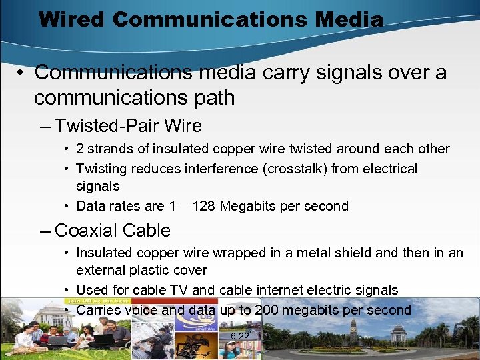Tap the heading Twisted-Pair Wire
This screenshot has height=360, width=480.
coord(129,125)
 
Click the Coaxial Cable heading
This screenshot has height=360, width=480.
coord(113,231)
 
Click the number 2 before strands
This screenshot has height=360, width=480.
coord(80,149)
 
